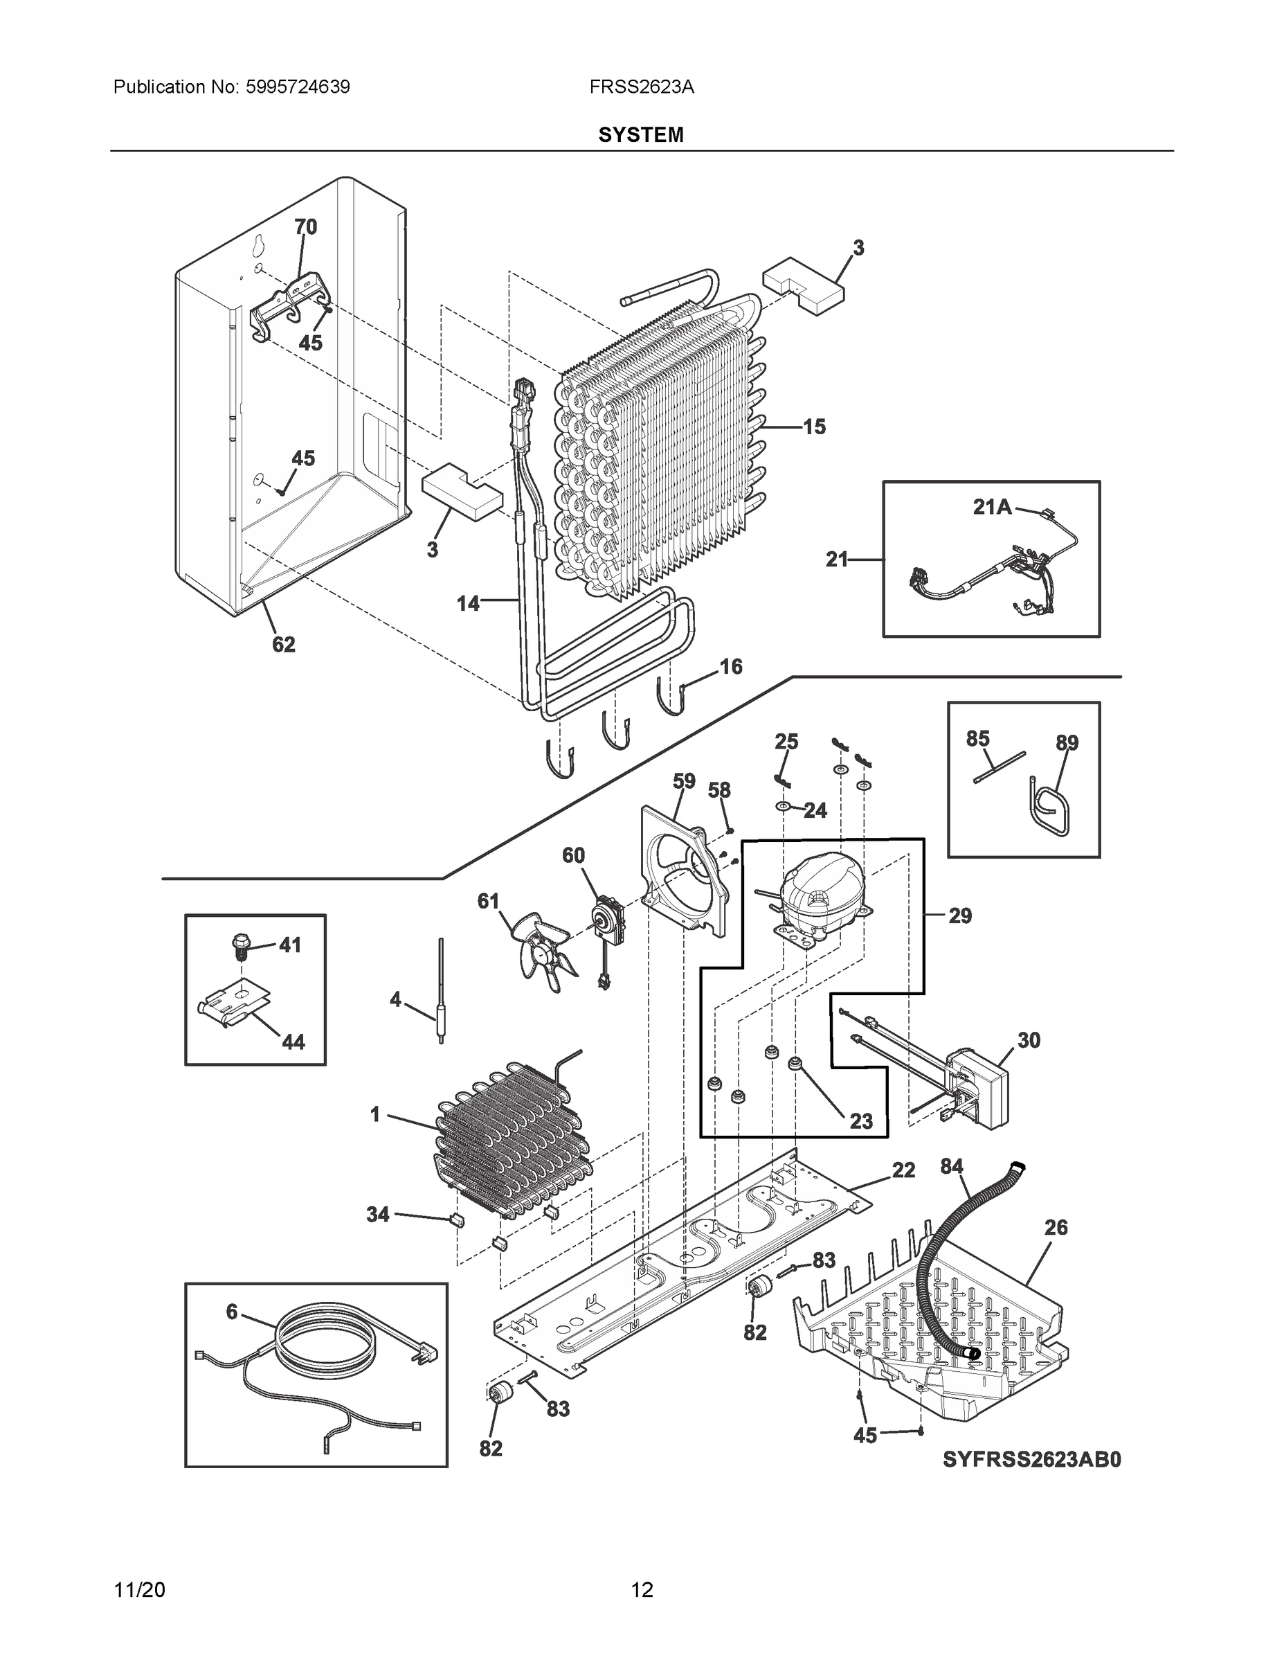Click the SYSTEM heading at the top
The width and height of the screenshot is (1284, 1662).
coord(640,135)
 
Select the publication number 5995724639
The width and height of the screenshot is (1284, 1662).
coord(298,87)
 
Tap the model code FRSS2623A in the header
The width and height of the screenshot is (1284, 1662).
coord(641,87)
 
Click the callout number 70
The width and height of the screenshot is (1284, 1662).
coord(305,226)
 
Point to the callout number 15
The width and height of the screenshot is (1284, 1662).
coord(814,427)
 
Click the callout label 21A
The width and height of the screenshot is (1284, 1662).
coord(992,507)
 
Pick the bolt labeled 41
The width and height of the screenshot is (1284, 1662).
coord(240,946)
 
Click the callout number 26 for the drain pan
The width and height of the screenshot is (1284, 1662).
coord(1056,1228)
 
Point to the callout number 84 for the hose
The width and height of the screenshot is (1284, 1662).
coord(952,1166)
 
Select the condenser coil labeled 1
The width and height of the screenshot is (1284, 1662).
coord(509,1145)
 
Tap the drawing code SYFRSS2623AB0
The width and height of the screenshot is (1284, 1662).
coord(1031,1460)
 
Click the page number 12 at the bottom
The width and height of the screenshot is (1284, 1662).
coord(641,1590)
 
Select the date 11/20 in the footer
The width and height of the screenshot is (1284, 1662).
coord(139,1590)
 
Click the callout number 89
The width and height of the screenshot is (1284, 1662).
coord(1067,743)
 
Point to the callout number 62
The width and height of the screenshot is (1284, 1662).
coord(284,645)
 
